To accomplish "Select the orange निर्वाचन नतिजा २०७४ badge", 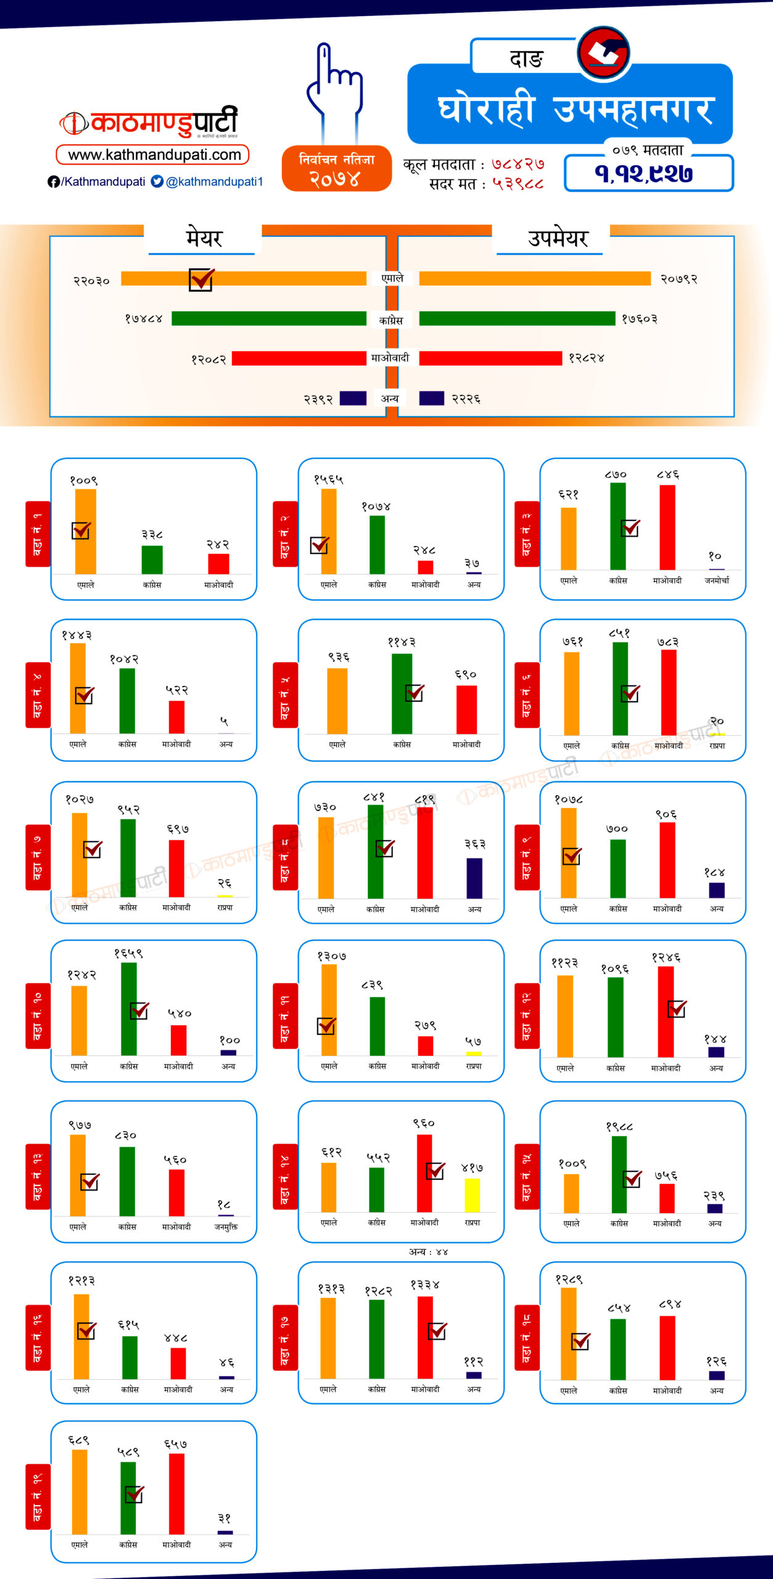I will coord(336,169).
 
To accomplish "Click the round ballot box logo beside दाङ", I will coord(604,54).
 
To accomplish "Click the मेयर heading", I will coord(204,238).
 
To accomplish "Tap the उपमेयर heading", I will coord(558,238).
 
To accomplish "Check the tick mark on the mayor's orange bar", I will coord(201,279).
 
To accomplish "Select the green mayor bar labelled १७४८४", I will coord(269,318).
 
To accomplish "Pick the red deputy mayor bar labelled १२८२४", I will coord(490,358).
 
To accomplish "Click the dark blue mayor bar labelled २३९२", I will coord(353,398).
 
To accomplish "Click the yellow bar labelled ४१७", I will coord(472,1195).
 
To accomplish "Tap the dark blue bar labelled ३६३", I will coord(474,878).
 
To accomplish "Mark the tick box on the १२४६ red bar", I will coord(677,1008).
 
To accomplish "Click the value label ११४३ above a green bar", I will coord(402,642).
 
